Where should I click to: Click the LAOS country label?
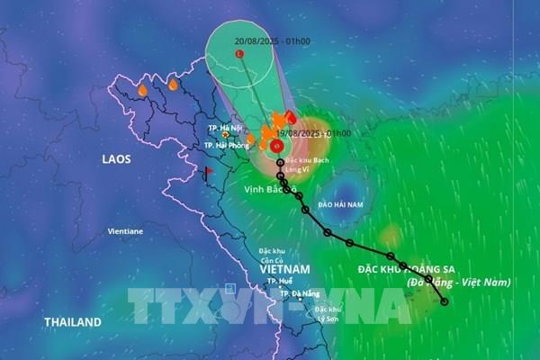116,159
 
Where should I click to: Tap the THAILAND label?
73,321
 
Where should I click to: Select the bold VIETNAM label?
284,269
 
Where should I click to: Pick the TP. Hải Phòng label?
225,145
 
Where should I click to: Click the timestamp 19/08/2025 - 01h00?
312,132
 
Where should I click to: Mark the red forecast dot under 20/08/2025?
239,55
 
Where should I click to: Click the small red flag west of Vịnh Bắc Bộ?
208,170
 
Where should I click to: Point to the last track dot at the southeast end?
444,301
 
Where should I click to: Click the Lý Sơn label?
325,318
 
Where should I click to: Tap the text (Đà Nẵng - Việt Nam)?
459,282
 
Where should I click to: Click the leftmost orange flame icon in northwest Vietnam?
142,90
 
